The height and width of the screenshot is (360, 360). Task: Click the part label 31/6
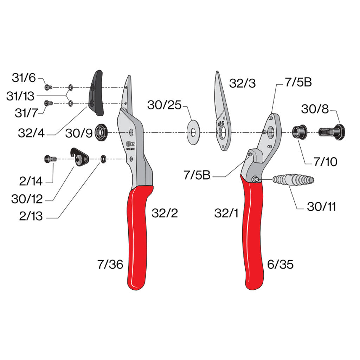(x=24, y=78)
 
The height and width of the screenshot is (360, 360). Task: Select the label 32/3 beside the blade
(x=242, y=83)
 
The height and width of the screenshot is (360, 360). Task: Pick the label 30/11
(x=321, y=207)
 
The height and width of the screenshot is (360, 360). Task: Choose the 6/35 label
(x=280, y=264)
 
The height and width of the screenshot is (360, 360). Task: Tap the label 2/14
(x=31, y=181)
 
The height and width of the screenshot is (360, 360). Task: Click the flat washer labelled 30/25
(x=193, y=133)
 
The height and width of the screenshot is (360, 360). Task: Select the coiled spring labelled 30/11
(x=293, y=180)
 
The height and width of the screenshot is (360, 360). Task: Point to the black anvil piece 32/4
(x=96, y=93)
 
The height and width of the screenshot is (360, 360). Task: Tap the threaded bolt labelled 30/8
(x=332, y=132)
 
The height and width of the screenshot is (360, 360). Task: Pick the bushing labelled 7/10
(x=299, y=132)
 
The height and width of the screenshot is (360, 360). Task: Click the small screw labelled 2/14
(x=50, y=159)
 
